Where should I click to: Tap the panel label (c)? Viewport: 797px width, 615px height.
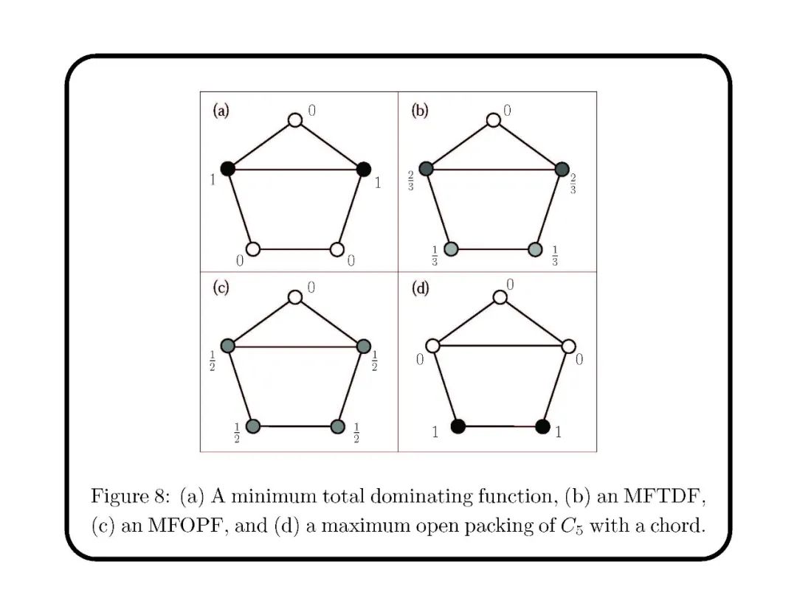tap(221, 288)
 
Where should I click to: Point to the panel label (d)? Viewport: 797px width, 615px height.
tap(419, 288)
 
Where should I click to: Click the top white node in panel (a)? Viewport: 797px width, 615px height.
tap(295, 119)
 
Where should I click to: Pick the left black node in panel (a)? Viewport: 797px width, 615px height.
tap(228, 169)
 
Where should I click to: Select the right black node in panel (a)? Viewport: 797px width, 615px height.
tap(363, 169)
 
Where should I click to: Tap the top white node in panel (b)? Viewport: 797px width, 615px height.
tap(494, 119)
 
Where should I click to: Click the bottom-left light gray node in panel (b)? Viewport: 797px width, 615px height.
tap(451, 249)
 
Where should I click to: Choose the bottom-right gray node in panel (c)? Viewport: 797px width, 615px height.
tap(338, 426)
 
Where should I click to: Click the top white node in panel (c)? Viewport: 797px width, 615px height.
tap(295, 296)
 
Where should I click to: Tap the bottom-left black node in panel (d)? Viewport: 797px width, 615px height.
tap(458, 426)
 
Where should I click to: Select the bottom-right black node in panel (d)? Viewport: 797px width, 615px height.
tap(542, 426)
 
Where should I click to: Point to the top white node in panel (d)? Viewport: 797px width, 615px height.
tap(500, 296)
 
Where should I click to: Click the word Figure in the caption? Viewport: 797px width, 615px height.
tap(116, 496)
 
